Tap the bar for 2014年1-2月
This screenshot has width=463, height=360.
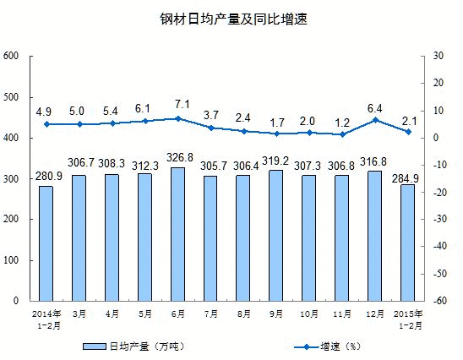pos(46,243)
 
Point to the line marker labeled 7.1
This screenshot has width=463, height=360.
pos(177,118)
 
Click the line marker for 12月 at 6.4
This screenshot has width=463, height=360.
pos(374,120)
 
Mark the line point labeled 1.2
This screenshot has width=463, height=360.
pos(341,134)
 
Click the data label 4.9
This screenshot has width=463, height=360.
pos(46,110)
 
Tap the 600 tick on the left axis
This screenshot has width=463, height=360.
pos(11,57)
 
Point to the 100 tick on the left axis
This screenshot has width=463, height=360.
pos(11,260)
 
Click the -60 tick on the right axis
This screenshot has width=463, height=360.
pos(438,301)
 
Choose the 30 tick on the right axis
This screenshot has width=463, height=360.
pos(438,57)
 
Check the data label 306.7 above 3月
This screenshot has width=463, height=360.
pos(79,163)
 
